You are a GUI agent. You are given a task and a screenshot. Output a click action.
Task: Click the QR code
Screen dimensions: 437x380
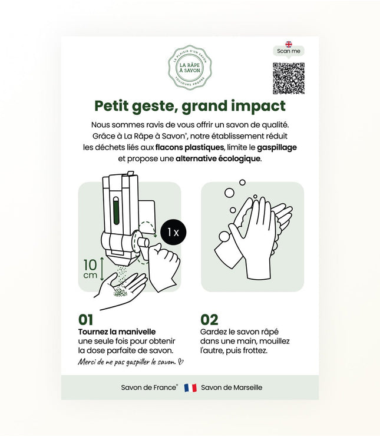(x=289, y=78)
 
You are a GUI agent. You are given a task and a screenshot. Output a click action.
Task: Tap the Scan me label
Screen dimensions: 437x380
(x=289, y=51)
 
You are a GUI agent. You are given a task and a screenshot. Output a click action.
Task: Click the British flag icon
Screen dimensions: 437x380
(x=289, y=44)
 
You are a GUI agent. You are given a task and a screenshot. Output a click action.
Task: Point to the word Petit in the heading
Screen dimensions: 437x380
(x=115, y=107)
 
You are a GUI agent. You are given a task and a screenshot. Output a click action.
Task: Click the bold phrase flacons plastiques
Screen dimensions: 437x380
(x=190, y=147)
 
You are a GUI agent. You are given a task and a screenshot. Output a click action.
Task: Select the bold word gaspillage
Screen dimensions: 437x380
(x=276, y=147)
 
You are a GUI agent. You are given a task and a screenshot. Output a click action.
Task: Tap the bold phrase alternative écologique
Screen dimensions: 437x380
(x=218, y=159)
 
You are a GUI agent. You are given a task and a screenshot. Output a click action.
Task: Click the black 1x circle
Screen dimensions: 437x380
(x=173, y=233)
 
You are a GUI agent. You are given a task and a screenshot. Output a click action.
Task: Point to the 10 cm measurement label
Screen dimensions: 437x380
(x=90, y=269)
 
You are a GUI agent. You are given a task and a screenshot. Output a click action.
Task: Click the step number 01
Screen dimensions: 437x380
(x=86, y=320)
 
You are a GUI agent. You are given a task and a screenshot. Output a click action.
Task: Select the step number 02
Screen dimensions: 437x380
(x=209, y=320)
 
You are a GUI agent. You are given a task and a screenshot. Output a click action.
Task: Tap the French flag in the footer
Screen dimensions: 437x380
(x=190, y=388)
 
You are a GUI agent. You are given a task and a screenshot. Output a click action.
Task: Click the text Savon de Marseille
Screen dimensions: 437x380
(x=232, y=388)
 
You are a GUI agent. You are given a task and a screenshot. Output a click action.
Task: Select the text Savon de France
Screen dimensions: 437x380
(x=148, y=388)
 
